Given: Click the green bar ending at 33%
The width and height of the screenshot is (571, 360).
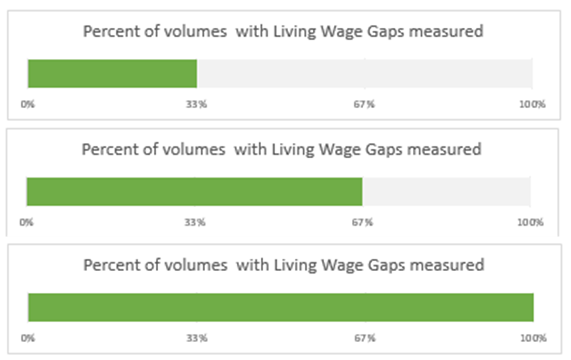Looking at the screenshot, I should pos(112,74).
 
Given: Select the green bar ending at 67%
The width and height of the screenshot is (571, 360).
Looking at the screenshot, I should pos(194,191).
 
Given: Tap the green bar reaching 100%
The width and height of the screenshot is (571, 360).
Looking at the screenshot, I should pos(281,307).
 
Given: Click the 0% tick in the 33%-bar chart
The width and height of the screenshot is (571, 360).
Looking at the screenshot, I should pos(27,104).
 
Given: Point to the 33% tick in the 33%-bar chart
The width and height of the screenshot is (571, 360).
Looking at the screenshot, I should pos(197,104).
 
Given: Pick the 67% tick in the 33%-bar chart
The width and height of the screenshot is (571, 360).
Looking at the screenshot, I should pos(365,104).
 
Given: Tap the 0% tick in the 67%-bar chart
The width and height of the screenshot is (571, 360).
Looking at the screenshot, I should pos(26,222).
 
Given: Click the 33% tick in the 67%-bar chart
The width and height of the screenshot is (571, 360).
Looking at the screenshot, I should pos(195,222).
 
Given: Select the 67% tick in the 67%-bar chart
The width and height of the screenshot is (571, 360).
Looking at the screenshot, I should pos(363,222).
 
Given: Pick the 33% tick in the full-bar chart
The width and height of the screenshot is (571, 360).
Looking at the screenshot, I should pos(197,338).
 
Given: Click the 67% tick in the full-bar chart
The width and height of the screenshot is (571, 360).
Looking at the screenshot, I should pos(365,338).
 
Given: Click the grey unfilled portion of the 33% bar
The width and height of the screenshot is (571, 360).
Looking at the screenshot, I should pos(365,74).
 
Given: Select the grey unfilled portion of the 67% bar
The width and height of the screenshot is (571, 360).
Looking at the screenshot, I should pos(447,191).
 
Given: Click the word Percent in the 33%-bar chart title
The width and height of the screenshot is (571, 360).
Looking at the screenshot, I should pos(105,32).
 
